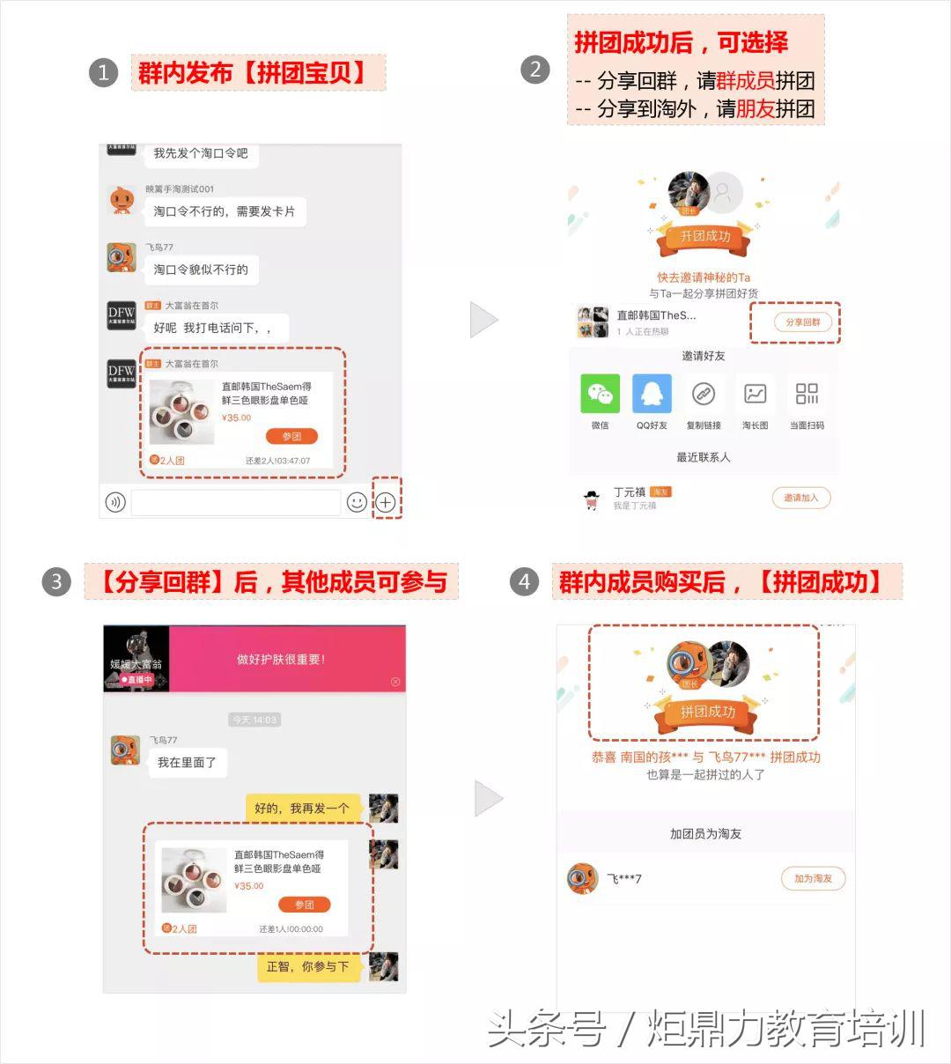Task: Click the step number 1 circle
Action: (103, 72)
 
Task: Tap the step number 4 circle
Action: (524, 581)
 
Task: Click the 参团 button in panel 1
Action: (291, 436)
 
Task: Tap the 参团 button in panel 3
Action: (304, 905)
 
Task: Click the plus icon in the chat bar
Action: (386, 502)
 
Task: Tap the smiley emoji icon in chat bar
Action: (357, 502)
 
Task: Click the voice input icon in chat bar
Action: (114, 502)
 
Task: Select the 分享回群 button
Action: (802, 322)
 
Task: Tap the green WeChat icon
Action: (600, 394)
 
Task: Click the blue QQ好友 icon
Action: (652, 394)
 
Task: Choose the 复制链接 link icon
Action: (703, 394)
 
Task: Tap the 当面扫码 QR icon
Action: (807, 394)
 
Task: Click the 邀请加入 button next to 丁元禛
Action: (801, 498)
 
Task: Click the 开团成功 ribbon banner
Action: (704, 236)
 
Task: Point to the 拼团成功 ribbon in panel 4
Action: (707, 712)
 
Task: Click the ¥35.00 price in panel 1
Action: (236, 417)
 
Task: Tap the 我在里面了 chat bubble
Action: (187, 762)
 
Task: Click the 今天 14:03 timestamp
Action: (254, 720)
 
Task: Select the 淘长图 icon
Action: (755, 394)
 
